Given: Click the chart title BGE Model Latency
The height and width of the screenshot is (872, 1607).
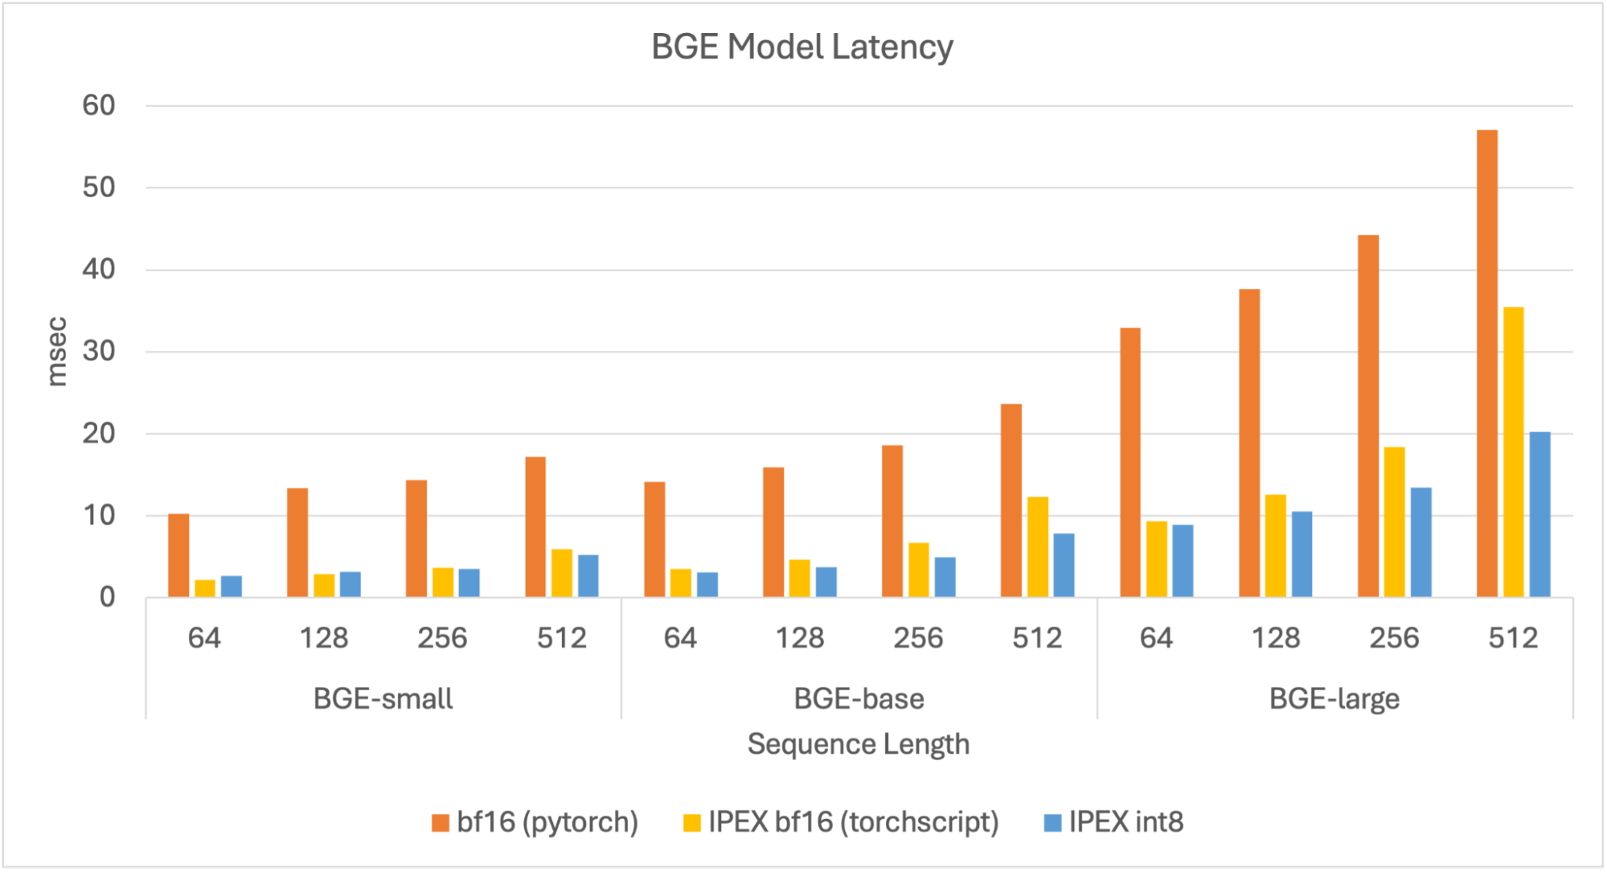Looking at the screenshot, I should (x=801, y=47).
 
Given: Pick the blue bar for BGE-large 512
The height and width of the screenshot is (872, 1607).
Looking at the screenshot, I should (x=1539, y=515).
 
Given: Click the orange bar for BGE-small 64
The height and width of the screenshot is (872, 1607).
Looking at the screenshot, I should (x=178, y=555).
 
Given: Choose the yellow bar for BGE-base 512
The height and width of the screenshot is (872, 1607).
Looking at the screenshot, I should (x=1037, y=547).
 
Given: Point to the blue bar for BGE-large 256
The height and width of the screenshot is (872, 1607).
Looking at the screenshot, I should (x=1420, y=542).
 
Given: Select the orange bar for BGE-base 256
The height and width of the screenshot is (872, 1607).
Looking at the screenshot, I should (x=892, y=521).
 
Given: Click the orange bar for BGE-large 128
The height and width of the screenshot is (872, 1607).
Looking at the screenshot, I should (x=1248, y=443).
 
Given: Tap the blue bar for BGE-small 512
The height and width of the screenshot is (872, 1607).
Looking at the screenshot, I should (x=588, y=576).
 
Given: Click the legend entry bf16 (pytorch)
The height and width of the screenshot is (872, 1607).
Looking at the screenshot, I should (x=535, y=822).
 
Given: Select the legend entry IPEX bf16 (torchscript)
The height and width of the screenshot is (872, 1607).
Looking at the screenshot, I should (x=841, y=822).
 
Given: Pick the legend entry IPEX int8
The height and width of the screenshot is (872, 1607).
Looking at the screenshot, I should (x=1114, y=822).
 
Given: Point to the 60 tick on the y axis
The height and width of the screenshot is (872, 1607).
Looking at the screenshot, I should (x=99, y=105).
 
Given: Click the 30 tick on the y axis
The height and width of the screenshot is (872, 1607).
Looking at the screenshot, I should (x=99, y=352).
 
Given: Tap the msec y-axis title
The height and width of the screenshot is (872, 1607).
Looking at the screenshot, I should (x=56, y=352).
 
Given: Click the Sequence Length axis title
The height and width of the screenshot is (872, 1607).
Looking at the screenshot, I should (x=858, y=744).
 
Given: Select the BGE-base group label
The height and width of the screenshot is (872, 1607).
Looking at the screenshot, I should (x=858, y=698).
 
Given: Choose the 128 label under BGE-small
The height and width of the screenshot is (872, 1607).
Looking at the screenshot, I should (x=323, y=638).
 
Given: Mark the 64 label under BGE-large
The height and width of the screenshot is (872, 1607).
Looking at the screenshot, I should (x=1155, y=638).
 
